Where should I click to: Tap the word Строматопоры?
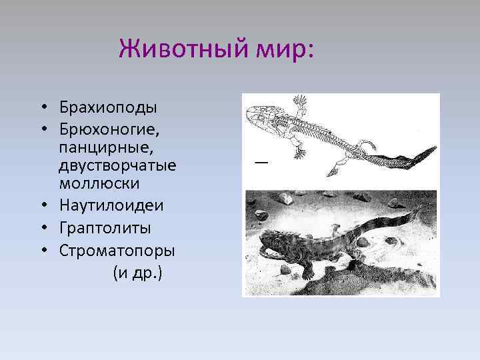[117, 251]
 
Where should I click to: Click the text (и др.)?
[137, 273]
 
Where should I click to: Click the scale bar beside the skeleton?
[261, 161]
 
